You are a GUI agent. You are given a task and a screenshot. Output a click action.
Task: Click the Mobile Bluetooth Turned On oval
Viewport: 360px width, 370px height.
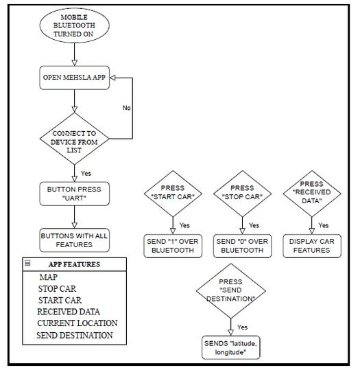[75, 25]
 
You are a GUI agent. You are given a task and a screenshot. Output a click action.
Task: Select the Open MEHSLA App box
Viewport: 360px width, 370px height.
[75, 78]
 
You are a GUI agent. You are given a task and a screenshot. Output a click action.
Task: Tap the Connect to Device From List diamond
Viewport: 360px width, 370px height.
[75, 139]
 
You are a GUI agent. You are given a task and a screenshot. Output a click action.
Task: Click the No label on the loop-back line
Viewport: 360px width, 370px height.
[127, 108]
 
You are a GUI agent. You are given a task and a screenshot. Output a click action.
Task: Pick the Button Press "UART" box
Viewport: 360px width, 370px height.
[75, 194]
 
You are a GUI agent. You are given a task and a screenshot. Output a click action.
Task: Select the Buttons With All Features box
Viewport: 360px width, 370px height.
[75, 240]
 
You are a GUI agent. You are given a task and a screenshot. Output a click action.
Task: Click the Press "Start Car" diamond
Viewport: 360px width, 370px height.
[173, 194]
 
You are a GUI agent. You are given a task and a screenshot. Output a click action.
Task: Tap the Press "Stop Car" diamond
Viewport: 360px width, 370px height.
[242, 194]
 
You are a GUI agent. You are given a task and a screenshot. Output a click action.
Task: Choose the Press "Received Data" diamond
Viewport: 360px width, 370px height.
[312, 194]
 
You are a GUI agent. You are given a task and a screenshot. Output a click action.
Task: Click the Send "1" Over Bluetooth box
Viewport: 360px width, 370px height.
[173, 246]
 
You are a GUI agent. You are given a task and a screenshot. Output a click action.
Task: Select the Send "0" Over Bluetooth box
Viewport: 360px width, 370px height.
[242, 246]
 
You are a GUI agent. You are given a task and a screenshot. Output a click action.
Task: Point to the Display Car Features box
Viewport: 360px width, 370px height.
[312, 246]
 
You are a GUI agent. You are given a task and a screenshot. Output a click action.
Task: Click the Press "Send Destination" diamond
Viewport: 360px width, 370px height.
[231, 291]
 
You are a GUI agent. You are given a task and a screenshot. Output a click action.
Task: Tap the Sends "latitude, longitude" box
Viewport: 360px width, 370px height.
[231, 348]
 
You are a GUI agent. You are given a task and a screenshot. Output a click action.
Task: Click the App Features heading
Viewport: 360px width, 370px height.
[74, 264]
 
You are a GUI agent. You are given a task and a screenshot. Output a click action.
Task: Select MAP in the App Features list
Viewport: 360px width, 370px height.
[48, 277]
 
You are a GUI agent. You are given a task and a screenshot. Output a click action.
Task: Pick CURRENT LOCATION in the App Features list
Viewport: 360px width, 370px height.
[77, 323]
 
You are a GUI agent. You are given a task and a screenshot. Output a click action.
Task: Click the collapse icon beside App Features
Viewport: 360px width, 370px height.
[27, 263]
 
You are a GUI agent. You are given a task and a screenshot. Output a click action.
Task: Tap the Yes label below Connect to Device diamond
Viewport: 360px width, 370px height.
[86, 174]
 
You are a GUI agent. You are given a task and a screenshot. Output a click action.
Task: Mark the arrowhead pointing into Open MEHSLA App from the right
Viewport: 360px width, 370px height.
[112, 78]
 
